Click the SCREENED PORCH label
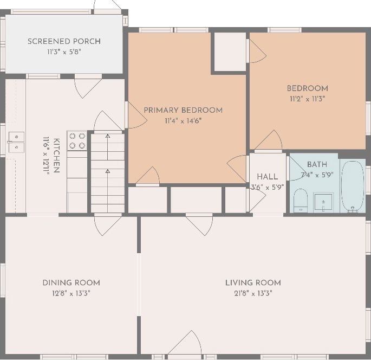64,41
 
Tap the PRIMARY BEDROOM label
183,110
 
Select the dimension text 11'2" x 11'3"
308,99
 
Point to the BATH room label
317,164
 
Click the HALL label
268,177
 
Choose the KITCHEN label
56,156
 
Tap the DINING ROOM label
71,283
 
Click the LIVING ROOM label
253,283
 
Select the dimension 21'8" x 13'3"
253,293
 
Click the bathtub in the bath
353,186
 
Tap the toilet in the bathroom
301,201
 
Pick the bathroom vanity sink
323,202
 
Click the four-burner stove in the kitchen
77,140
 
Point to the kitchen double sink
17,142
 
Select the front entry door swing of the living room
185,343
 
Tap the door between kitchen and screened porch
88,86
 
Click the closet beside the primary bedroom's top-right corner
230,52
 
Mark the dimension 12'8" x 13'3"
71,293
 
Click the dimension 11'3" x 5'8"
64,52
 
